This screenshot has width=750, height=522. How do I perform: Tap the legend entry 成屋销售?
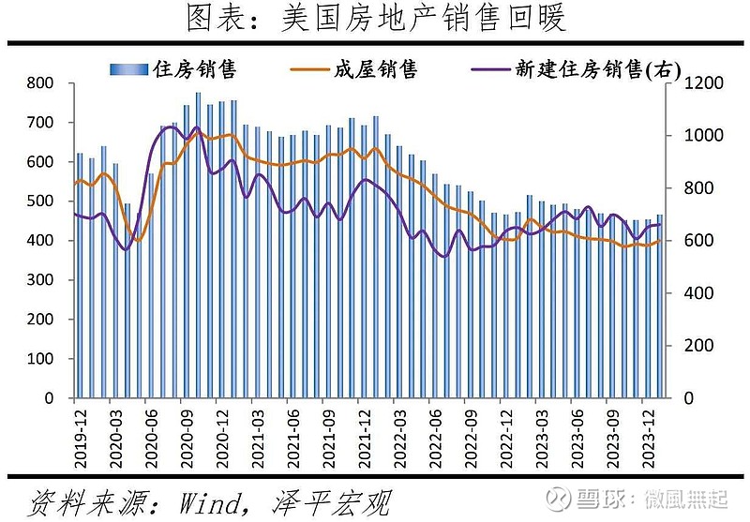tap(375, 69)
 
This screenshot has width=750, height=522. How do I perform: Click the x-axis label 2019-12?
tap(80, 431)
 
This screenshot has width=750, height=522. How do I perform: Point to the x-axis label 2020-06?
tap(150, 431)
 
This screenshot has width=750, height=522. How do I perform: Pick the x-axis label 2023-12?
tap(647, 431)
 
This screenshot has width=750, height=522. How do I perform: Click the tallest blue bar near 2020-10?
tap(198, 244)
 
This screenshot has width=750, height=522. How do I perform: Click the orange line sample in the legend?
tap(307, 69)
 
